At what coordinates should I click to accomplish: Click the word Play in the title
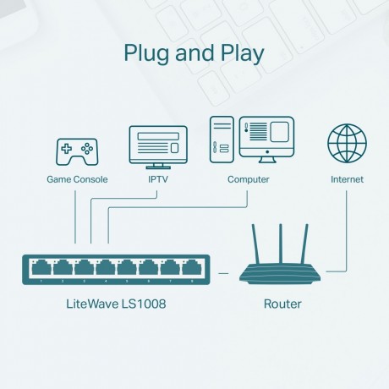point(239,53)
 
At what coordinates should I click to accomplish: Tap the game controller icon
point(75,151)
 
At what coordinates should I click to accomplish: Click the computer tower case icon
point(222,139)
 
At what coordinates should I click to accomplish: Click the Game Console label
point(75,179)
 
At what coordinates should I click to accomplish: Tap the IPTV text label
point(158,179)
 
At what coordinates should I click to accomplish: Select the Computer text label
point(249,179)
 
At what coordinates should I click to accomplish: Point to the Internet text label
point(347,179)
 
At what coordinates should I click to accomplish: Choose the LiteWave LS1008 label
point(116,303)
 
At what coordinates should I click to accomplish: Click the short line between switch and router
point(225,272)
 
